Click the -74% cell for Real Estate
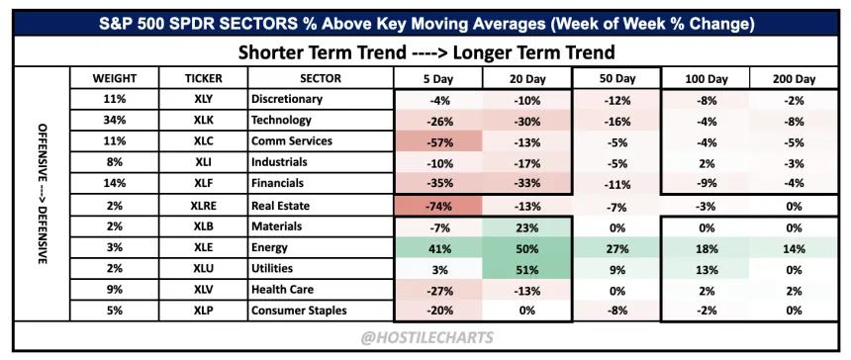(437, 206)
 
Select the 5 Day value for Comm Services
(437, 141)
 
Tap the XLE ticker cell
(203, 248)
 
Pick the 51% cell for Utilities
(526, 269)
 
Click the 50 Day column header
(617, 78)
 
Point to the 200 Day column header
(794, 79)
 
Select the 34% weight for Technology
(115, 121)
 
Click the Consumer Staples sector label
(299, 311)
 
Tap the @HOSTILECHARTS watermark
(427, 338)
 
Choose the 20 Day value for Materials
(526, 226)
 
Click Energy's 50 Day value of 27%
(617, 248)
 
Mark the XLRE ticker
(203, 206)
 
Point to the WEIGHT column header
(115, 78)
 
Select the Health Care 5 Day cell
(437, 290)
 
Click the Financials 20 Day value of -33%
(526, 183)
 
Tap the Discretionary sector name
(287, 99)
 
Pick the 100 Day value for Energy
(706, 248)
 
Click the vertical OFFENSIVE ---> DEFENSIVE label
(42, 194)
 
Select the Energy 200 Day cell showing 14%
(794, 248)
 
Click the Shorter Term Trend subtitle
(426, 52)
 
